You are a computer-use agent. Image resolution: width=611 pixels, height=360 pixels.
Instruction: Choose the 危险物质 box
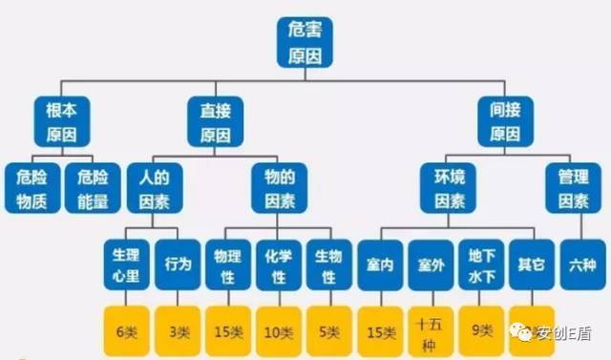(32, 187)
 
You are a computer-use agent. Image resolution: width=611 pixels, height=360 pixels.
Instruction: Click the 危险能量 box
(93, 187)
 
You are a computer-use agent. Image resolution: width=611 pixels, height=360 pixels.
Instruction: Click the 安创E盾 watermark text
(564, 333)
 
